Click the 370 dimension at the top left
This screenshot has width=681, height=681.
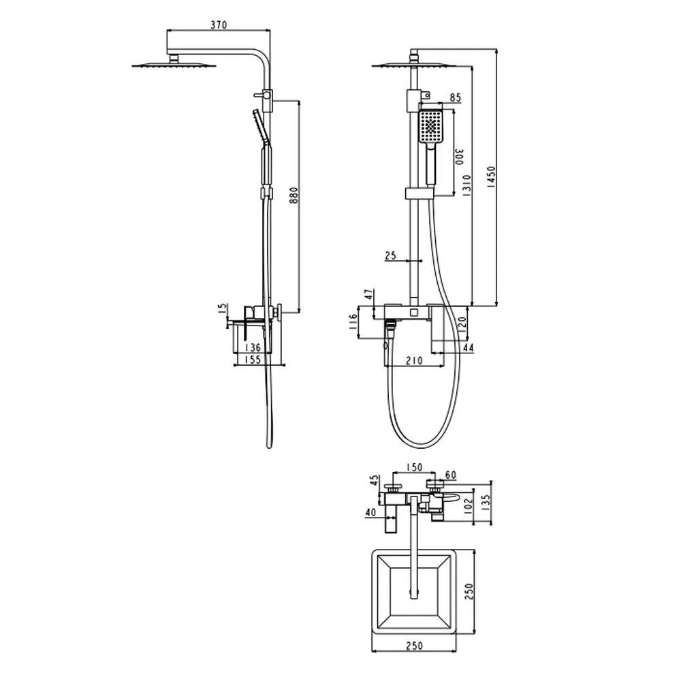[219, 25]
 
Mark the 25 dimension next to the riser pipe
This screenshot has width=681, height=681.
[390, 255]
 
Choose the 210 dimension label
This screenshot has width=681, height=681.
[411, 361]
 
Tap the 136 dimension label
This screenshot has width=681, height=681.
[254, 347]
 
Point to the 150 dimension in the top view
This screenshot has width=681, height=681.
[414, 467]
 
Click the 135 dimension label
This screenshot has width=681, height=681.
[486, 501]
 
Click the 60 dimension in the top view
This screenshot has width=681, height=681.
[451, 474]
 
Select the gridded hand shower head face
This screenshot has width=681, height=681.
[431, 127]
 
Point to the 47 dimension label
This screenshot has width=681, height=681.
[369, 294]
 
